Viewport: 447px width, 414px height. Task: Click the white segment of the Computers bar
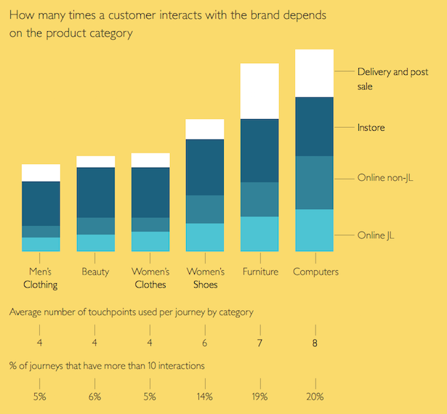tap(314, 73)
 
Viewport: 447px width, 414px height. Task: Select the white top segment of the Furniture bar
tap(259, 91)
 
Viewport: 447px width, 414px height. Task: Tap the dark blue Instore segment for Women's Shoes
tap(205, 167)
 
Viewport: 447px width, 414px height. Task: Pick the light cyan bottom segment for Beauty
tap(96, 243)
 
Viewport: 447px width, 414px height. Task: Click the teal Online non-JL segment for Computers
tap(314, 182)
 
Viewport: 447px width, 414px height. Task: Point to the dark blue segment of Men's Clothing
tap(41, 203)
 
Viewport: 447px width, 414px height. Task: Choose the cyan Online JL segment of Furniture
tap(259, 234)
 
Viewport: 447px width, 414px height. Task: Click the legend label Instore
tap(371, 128)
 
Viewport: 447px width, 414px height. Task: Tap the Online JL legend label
tap(376, 235)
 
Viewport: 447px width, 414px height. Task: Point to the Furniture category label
tap(259, 272)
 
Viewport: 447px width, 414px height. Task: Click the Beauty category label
tap(96, 272)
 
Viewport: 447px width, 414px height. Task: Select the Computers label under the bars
tap(315, 272)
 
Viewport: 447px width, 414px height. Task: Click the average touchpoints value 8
tap(315, 344)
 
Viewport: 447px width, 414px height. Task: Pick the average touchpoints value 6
tap(205, 344)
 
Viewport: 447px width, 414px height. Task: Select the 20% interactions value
tap(315, 397)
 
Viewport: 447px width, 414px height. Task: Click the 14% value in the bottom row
tap(204, 397)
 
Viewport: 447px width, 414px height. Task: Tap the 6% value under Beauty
tap(95, 397)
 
